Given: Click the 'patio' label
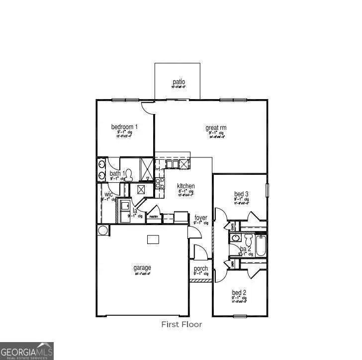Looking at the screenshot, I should [179, 82].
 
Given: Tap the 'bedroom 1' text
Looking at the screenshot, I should [124, 127].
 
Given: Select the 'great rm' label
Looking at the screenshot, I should [216, 128].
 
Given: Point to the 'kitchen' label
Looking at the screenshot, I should [186, 186].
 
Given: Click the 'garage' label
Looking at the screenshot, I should [142, 268].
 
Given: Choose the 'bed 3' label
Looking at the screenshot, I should [241, 194].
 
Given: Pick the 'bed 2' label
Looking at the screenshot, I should [239, 292].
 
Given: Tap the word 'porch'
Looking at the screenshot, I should [201, 269].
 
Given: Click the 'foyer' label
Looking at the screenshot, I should [201, 218].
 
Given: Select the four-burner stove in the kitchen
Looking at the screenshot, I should [160, 183].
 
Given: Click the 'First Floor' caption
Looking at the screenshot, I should [181, 324].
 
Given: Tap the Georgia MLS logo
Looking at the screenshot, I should [27, 351].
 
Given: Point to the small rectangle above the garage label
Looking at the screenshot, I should [153, 240].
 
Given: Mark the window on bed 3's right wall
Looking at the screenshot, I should [267, 190].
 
